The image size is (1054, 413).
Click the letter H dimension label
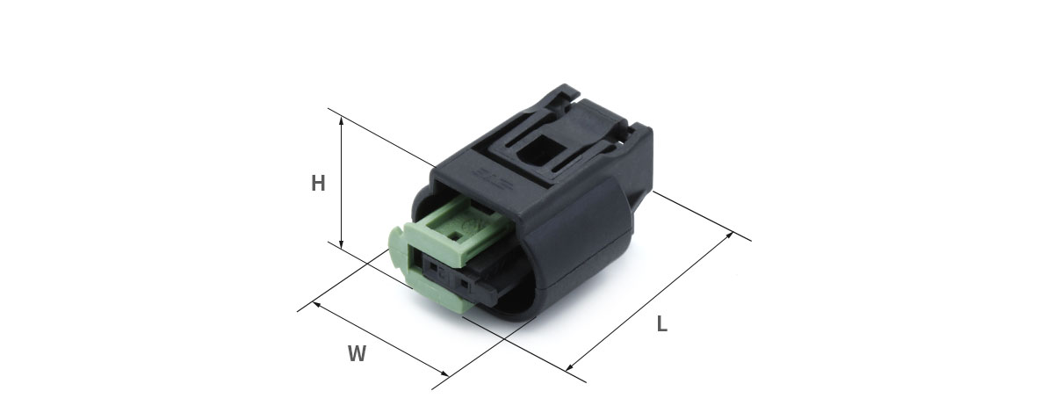(x=318, y=183)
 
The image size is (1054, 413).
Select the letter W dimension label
(x=357, y=353)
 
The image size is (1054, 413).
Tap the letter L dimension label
(x=662, y=324)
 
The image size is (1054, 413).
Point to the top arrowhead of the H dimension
(x=342, y=121)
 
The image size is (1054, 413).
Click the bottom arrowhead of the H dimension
(x=342, y=244)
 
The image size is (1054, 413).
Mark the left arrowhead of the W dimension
(x=317, y=305)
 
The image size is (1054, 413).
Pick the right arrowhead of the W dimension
(x=444, y=373)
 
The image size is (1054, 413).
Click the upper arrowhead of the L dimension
(x=729, y=235)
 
